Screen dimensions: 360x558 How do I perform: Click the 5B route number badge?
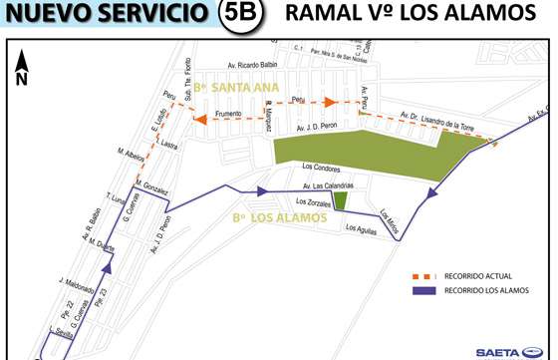click(x=240, y=15)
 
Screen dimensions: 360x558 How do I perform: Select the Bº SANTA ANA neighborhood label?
click(x=237, y=89)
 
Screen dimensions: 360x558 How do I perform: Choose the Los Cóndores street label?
click(x=320, y=166)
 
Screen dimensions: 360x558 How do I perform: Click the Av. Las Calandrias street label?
click(x=325, y=184)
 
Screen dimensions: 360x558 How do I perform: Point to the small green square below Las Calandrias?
click(x=341, y=200)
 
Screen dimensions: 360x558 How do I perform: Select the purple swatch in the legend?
click(x=427, y=291)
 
